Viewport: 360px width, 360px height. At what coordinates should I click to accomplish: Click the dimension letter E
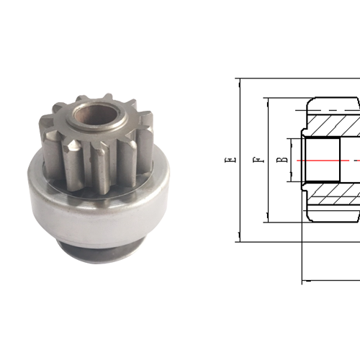pos(228,160)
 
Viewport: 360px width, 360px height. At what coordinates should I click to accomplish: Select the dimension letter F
pos(256,160)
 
